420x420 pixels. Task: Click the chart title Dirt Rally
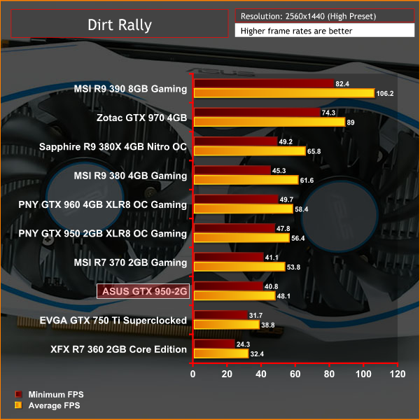(x=120, y=26)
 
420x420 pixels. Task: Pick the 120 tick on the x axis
(x=398, y=374)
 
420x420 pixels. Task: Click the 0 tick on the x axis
(x=193, y=374)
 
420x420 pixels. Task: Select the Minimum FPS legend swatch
(x=19, y=394)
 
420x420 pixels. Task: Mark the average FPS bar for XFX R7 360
(x=220, y=353)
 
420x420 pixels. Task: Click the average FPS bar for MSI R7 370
(x=239, y=267)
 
